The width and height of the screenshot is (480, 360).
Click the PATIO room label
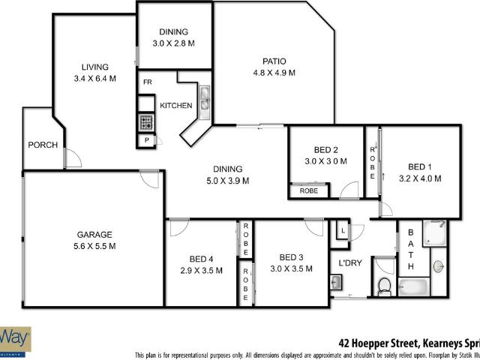point(274,61)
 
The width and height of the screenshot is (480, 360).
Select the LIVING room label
point(95,67)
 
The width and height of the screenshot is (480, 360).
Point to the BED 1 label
point(420,166)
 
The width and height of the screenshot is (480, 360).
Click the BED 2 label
point(325,148)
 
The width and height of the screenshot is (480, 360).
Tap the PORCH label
point(42,145)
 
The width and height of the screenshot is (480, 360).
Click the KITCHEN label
point(175,106)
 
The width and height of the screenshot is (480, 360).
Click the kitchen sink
point(204,98)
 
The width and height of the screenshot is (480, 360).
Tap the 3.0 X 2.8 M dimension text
point(173,43)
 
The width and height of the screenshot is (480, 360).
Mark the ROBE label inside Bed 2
point(308,191)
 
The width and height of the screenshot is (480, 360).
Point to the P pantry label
point(146,140)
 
